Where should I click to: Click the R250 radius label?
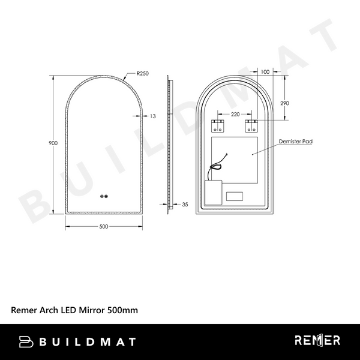point(142,74)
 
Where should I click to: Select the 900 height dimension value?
point(53,143)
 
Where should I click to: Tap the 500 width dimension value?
point(103,227)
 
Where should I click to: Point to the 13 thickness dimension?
point(153,116)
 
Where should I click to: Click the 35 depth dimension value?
point(185,205)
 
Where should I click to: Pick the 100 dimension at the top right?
point(265,72)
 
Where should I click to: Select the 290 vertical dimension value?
point(284,103)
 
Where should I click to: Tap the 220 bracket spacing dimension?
point(235,114)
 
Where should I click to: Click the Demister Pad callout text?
point(296,142)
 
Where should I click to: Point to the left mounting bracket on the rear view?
point(217,126)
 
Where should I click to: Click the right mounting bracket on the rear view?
point(251,126)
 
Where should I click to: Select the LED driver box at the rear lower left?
point(213,192)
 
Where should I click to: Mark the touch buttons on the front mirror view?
point(104,196)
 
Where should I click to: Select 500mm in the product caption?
point(122,310)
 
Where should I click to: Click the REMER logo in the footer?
point(317,341)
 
